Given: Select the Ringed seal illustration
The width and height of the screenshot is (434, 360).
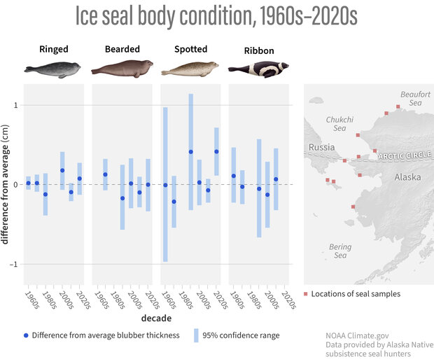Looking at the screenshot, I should click(x=52, y=69).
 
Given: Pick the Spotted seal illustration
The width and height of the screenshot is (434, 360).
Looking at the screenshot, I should click(x=190, y=69).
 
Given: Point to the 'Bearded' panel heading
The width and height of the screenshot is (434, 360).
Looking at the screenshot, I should click(x=122, y=50).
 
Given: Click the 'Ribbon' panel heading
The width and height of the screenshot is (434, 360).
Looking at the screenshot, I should click(x=259, y=51).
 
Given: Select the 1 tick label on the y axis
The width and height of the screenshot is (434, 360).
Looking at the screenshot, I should click(x=16, y=105).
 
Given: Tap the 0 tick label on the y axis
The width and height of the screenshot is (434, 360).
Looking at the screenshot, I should click(x=16, y=185).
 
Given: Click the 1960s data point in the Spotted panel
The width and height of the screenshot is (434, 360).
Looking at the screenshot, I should click(x=165, y=185).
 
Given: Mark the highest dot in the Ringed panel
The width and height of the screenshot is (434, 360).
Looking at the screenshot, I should click(x=62, y=170).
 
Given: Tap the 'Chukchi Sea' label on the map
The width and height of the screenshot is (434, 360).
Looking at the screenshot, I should click(x=339, y=124).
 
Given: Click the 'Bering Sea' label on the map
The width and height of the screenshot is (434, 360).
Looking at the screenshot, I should click(x=339, y=251).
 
